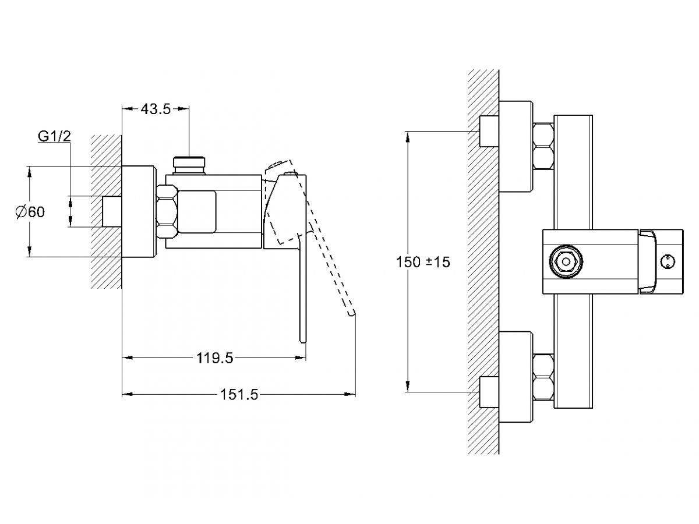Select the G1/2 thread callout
click(54, 136)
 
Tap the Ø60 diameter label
click(30, 212)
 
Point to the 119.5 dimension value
click(214, 358)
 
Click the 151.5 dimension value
click(239, 395)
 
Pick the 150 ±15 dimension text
click(423, 262)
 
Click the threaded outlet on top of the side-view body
click(189, 165)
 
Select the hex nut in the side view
click(167, 212)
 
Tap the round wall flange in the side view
click(139, 211)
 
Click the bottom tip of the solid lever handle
click(302, 342)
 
